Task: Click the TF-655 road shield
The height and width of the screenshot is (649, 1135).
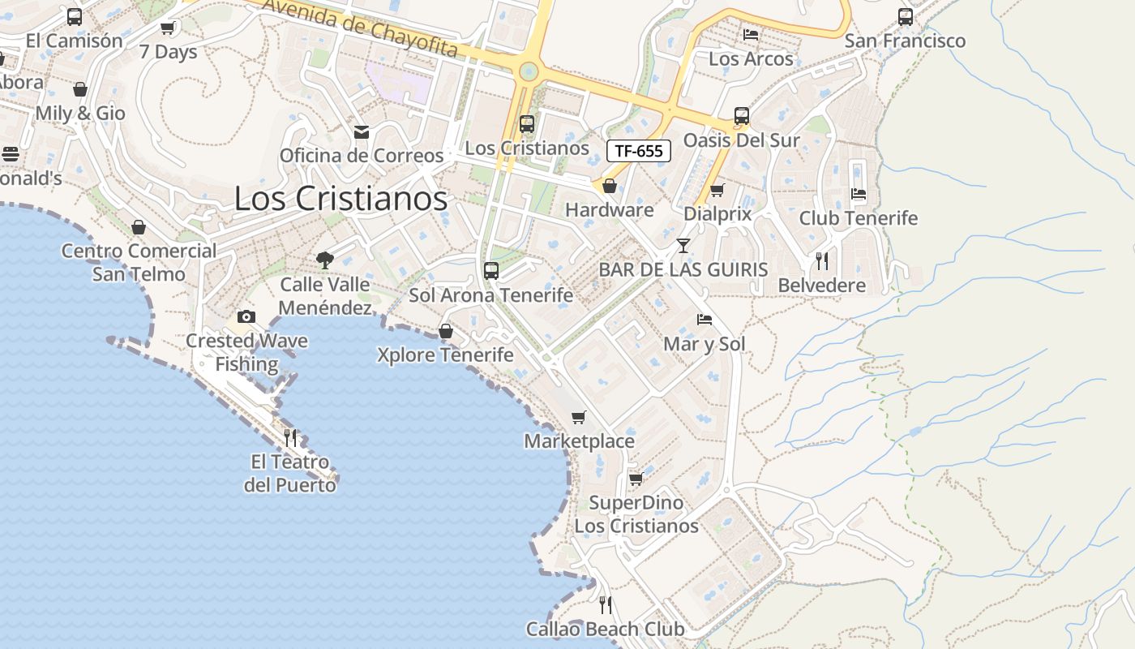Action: (639, 150)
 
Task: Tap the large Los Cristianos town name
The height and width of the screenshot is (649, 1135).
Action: (340, 198)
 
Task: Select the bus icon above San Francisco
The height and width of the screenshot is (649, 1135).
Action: (906, 16)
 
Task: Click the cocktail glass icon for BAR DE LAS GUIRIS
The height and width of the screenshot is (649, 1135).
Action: (683, 245)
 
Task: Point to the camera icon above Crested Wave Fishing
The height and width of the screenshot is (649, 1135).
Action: (246, 316)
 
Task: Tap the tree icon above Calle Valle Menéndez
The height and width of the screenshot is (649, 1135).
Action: (325, 260)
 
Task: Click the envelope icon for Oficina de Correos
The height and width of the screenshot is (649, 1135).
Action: (362, 131)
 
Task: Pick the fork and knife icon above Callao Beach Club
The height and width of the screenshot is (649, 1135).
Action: (605, 604)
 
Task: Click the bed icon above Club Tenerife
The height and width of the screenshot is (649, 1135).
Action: (859, 194)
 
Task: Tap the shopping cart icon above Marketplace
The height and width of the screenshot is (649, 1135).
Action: (578, 417)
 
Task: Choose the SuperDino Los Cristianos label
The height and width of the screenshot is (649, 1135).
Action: (636, 514)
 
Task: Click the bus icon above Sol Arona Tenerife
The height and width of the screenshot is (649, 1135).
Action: (491, 271)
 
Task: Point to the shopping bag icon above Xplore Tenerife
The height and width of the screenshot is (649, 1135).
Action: (445, 331)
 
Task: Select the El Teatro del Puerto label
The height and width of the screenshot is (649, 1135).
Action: (290, 474)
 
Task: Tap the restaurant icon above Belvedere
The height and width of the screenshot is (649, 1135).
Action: (822, 260)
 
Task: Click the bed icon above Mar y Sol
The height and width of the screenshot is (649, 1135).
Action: (704, 320)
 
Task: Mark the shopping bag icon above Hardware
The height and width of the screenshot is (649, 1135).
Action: (610, 186)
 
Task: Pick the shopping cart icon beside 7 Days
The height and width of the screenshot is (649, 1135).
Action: (168, 28)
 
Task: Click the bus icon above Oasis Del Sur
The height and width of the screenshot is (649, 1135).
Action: (741, 116)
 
